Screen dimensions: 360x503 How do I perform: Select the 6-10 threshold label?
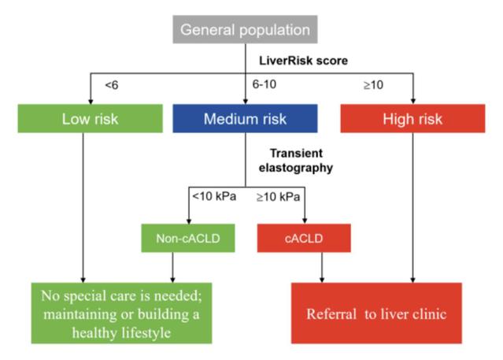pos(264,83)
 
